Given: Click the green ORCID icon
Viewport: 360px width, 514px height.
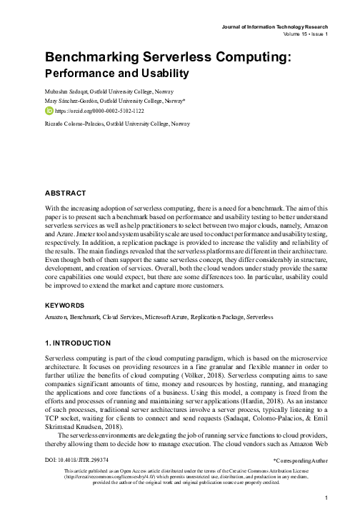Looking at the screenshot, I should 49,112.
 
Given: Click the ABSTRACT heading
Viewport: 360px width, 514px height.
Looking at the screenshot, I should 65,193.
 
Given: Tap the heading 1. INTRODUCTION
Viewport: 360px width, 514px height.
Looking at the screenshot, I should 77,343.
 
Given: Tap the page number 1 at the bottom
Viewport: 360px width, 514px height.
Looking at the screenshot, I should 326,498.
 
